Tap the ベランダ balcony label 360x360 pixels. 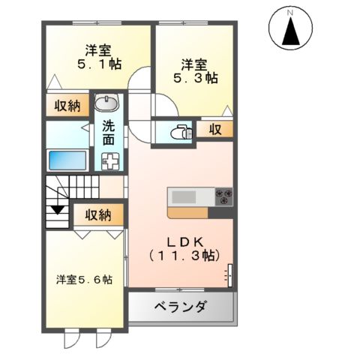(x=181, y=307)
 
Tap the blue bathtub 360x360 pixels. (x=67, y=160)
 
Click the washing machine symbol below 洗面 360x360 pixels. (x=110, y=160)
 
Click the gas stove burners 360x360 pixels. (x=223, y=197)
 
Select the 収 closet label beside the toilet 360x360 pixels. (x=215, y=130)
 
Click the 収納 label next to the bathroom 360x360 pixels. (x=66, y=106)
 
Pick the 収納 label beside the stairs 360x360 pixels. (x=97, y=215)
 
